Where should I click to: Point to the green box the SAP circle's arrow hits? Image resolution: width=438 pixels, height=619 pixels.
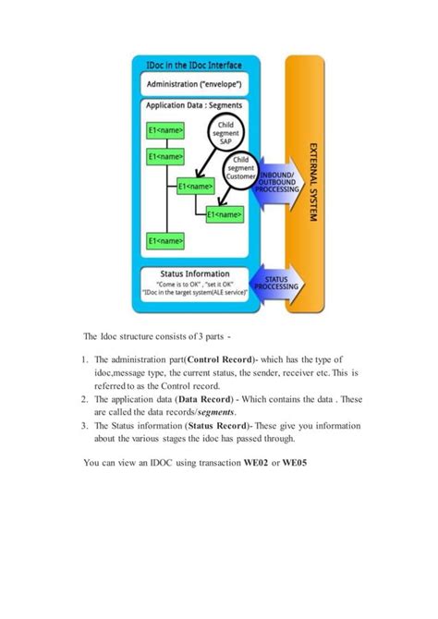[196, 186]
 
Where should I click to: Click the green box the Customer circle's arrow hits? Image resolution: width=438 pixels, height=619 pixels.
[225, 214]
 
